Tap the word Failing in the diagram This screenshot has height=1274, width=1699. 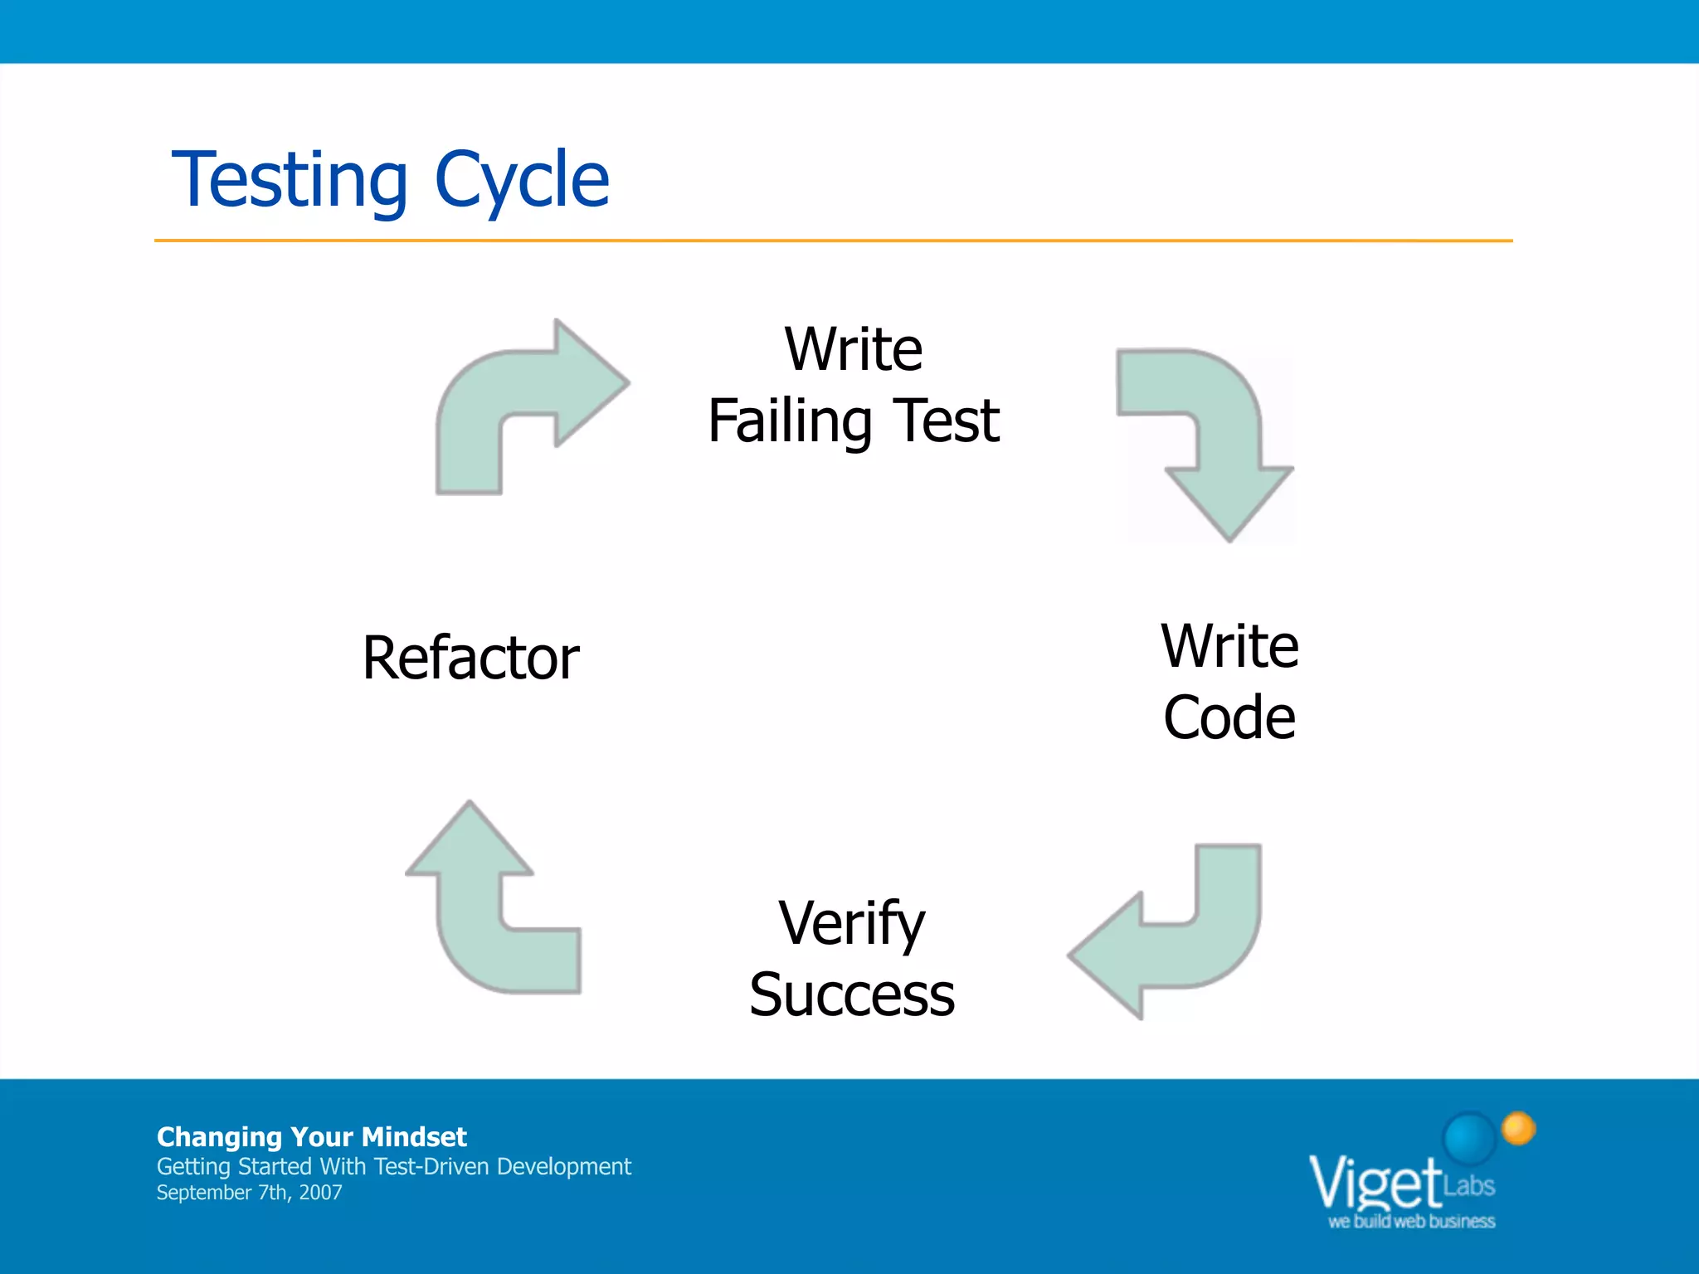tap(789, 421)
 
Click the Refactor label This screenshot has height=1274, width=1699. tap(470, 658)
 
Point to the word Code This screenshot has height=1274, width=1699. tap(1229, 717)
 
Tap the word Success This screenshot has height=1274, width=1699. tap(851, 994)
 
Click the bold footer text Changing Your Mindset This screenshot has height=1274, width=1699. tap(311, 1136)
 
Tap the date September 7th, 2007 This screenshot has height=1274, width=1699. tap(249, 1193)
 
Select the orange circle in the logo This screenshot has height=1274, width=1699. tap(1519, 1128)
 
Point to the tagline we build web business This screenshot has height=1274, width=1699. tap(1411, 1222)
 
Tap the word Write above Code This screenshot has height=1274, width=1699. tap(1229, 646)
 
